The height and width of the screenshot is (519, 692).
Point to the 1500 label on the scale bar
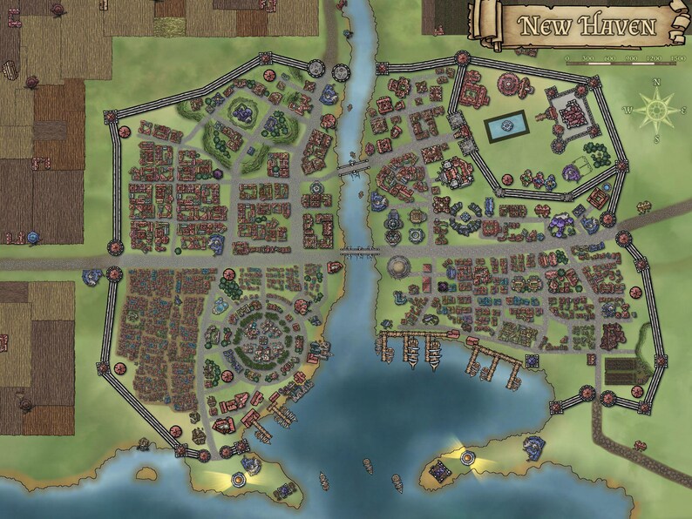(x=676, y=59)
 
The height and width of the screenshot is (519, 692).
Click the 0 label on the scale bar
(x=567, y=59)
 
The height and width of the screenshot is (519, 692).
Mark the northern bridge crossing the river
(x=356, y=169)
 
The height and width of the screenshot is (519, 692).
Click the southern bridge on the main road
(x=358, y=253)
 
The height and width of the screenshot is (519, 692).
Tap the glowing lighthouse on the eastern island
(x=458, y=454)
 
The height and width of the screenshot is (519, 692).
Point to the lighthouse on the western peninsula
(x=237, y=477)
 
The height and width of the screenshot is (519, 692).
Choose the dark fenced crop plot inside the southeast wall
(x=625, y=369)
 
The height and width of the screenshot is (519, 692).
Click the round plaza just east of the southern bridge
(x=398, y=266)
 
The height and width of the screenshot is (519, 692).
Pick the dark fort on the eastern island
(x=441, y=471)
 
